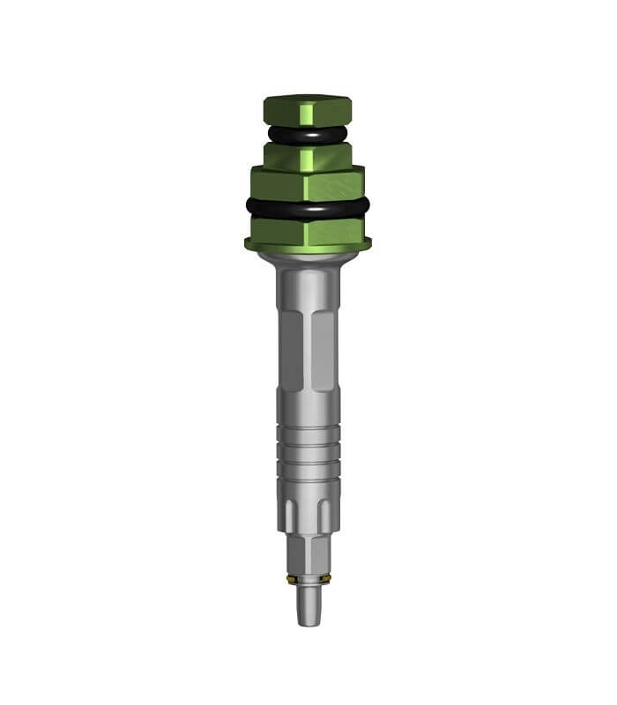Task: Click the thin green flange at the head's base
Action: [x=308, y=244]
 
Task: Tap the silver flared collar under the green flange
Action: [x=308, y=258]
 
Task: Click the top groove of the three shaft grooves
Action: [x=308, y=432]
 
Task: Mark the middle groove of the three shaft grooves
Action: [x=308, y=449]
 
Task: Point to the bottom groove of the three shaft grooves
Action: [x=308, y=466]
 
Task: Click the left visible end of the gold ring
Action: [x=292, y=579]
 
